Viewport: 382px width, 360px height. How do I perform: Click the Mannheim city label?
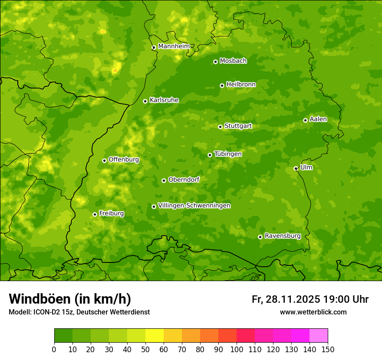click(174, 46)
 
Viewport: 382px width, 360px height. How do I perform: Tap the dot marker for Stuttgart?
click(220, 127)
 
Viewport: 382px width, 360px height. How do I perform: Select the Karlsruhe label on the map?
click(164, 100)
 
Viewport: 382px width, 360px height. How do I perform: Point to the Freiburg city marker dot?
click(95, 214)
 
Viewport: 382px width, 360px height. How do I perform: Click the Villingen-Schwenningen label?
click(194, 206)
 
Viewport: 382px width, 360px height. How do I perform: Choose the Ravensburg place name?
click(282, 236)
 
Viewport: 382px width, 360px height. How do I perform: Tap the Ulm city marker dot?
click(296, 168)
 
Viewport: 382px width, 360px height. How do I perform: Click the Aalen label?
click(318, 119)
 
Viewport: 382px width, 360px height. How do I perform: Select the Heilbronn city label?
click(241, 85)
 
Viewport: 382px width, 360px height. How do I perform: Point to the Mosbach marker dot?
click(215, 62)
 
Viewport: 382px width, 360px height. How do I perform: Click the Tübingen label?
click(228, 154)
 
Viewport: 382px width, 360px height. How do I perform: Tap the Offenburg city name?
click(124, 160)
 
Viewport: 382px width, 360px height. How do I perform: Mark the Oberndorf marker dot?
click(164, 180)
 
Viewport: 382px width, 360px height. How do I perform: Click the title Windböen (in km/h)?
click(70, 299)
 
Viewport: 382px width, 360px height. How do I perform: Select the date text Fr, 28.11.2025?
click(286, 299)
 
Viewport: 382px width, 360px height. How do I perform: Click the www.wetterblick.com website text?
click(313, 312)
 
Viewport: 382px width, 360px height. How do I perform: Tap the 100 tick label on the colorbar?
click(237, 349)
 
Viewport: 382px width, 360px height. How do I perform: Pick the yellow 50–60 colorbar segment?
click(155, 336)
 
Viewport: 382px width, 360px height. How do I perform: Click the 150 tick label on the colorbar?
click(328, 349)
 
